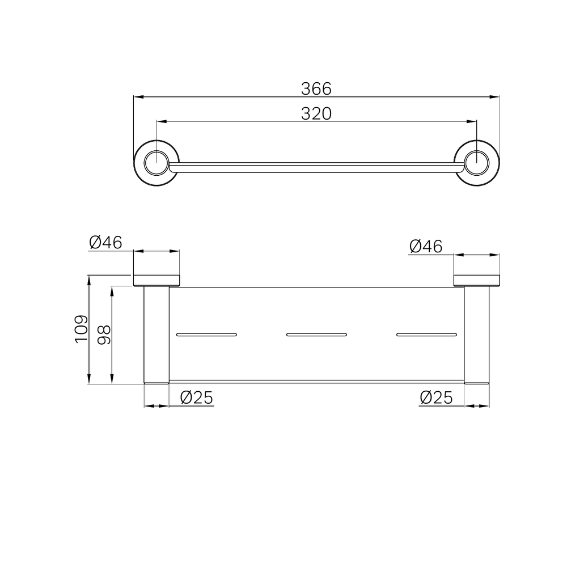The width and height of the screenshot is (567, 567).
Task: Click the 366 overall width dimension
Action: (316, 89)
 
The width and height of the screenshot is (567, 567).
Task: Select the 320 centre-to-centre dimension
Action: (316, 113)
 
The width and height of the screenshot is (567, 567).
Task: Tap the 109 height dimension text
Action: (81, 329)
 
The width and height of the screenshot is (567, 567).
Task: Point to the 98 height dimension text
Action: (104, 335)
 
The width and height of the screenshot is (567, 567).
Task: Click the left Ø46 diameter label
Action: (105, 243)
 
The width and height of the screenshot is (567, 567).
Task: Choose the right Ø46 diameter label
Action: (426, 247)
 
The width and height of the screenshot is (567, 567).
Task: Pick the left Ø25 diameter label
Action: (197, 398)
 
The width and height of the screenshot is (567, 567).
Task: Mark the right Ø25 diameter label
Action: (436, 398)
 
